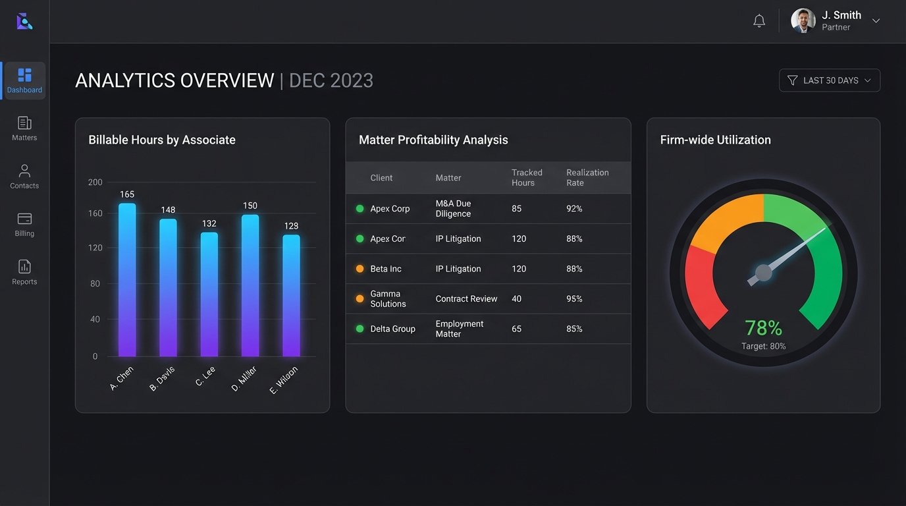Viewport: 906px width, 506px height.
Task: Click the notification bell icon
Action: tap(759, 21)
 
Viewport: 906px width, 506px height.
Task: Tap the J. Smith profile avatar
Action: tap(803, 20)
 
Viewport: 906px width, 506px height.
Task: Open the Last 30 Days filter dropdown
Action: tap(829, 80)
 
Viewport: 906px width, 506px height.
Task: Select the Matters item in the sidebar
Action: tap(24, 128)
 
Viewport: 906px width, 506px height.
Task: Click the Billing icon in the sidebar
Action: tap(24, 219)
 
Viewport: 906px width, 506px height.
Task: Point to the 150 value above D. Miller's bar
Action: tap(250, 206)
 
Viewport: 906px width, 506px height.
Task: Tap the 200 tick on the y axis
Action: tap(95, 183)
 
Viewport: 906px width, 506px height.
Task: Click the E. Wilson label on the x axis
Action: tap(284, 380)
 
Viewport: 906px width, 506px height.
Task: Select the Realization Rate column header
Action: tap(587, 177)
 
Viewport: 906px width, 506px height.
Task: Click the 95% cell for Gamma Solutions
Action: tap(574, 299)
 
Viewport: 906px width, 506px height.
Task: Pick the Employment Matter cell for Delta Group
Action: tap(459, 329)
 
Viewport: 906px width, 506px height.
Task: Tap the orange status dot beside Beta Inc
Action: tap(360, 269)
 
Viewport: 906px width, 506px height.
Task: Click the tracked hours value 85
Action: tap(516, 209)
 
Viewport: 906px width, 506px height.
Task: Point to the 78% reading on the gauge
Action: tap(763, 327)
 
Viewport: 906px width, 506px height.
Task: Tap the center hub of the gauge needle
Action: tap(763, 272)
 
